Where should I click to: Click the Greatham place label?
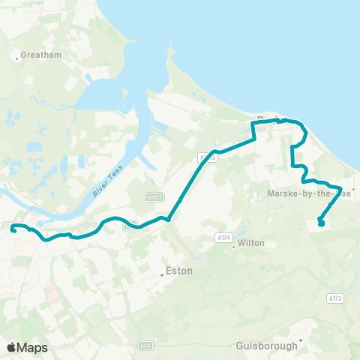[35, 55]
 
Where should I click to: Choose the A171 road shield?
[145, 346]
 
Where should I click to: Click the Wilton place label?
[251, 243]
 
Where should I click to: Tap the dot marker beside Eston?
[163, 274]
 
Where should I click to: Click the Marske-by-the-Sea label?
[309, 193]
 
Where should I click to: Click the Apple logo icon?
[12, 347]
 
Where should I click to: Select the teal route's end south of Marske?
[322, 223]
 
